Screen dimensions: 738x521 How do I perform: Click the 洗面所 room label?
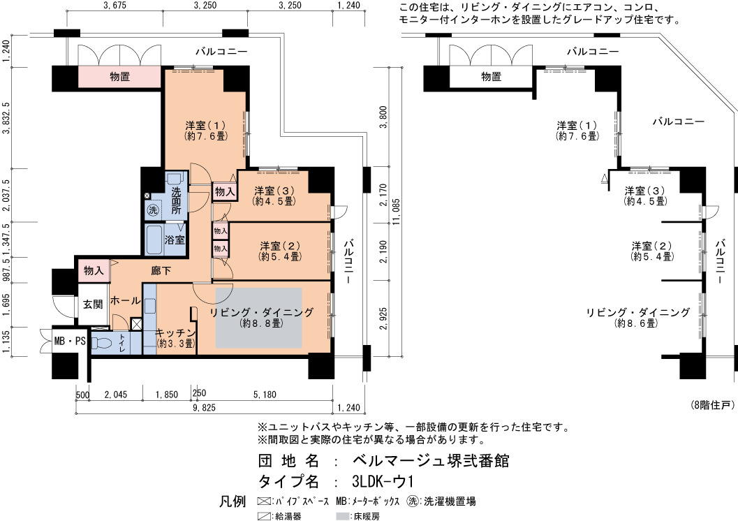(x=176, y=200)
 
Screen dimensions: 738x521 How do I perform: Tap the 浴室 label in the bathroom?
(x=175, y=240)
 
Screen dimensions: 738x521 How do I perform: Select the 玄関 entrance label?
(x=93, y=304)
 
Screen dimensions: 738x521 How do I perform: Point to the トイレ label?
(x=122, y=343)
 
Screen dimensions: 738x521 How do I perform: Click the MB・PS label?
(x=70, y=342)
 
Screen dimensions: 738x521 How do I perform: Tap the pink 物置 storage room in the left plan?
(x=119, y=77)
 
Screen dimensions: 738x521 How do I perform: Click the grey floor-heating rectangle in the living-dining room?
(x=259, y=318)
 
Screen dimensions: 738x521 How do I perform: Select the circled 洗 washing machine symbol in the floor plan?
(x=153, y=210)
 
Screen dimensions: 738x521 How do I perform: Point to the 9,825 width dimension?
(x=204, y=408)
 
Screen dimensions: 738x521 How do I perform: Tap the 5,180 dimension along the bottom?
(x=265, y=395)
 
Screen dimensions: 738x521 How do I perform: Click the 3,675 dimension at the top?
(x=115, y=6)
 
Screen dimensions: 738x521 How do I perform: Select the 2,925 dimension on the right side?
(x=384, y=318)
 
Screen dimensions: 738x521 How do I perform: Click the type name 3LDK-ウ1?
(x=383, y=481)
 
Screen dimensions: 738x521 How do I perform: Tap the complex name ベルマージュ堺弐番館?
(x=431, y=460)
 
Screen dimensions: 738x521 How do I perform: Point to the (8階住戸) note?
(x=713, y=405)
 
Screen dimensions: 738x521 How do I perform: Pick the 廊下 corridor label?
(x=161, y=271)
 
